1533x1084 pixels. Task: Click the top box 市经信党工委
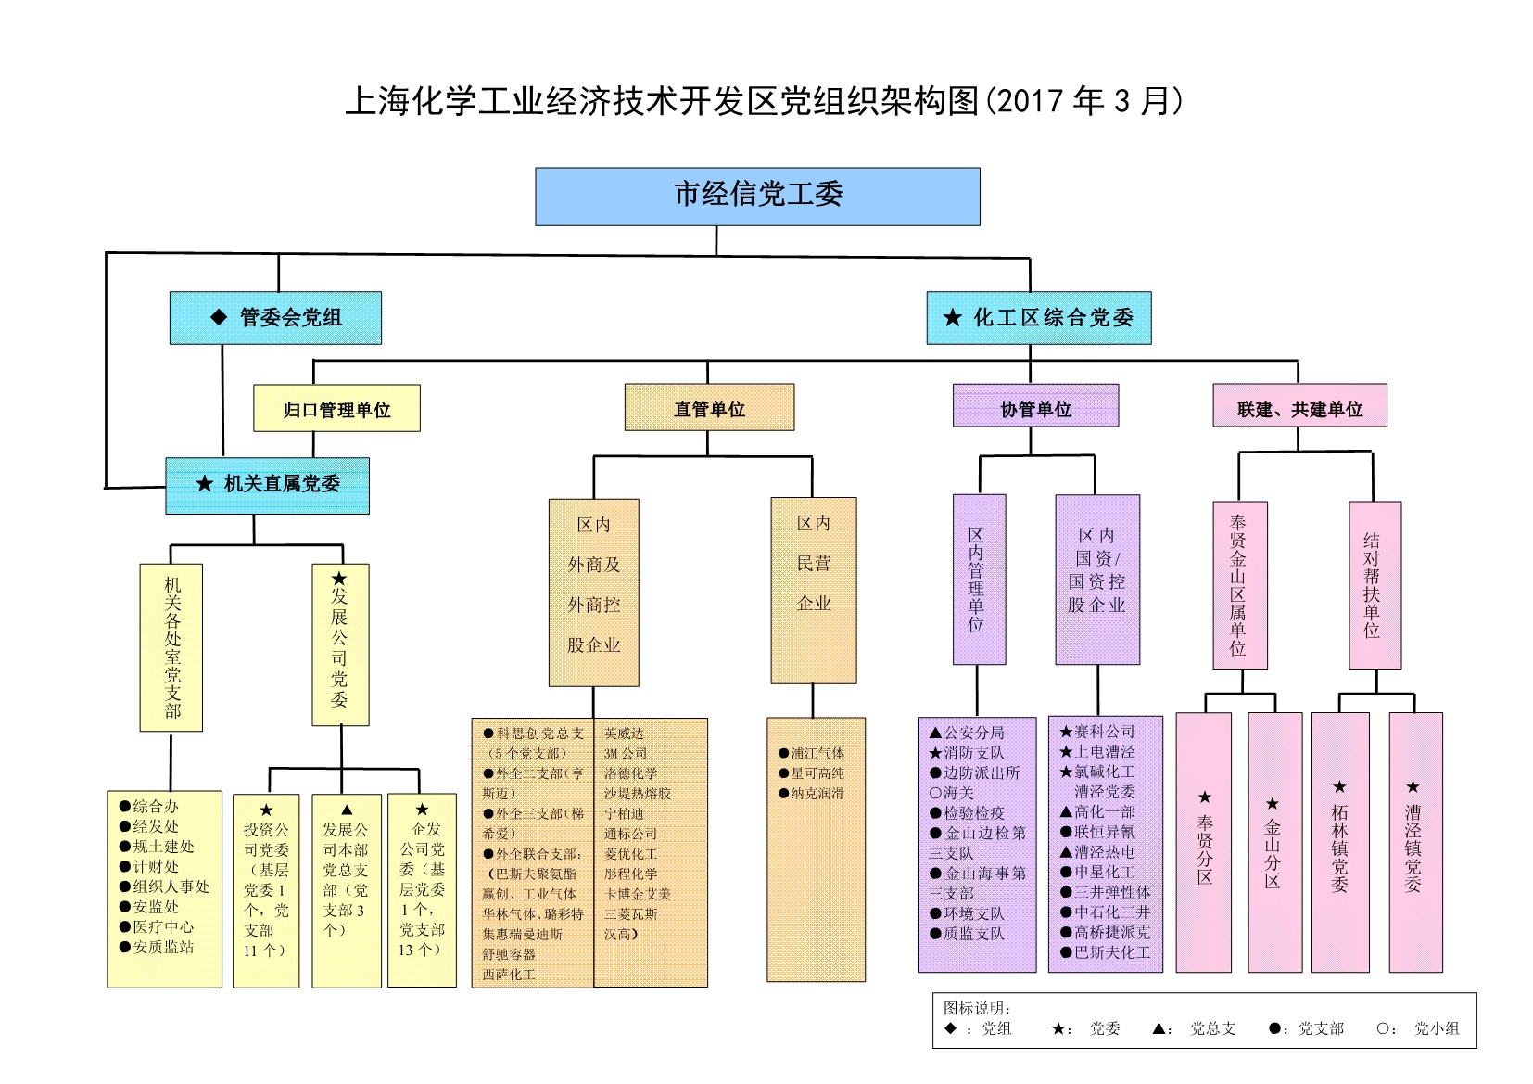pyautogui.click(x=757, y=197)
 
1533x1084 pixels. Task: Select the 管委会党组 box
pyautogui.click(x=275, y=318)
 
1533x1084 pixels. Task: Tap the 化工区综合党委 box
pyautogui.click(x=1038, y=318)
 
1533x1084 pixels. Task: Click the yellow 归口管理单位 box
pyautogui.click(x=336, y=409)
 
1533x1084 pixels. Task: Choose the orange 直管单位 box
pyautogui.click(x=709, y=408)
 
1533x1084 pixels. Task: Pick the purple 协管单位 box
pyautogui.click(x=1035, y=408)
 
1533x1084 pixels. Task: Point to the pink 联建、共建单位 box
pyautogui.click(x=1299, y=407)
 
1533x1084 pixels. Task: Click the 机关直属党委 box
pyautogui.click(x=268, y=485)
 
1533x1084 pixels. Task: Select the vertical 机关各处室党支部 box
pyautogui.click(x=171, y=647)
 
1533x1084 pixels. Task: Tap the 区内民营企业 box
pyautogui.click(x=814, y=590)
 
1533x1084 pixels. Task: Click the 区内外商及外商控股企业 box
pyautogui.click(x=593, y=593)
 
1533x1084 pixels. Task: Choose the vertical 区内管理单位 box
pyautogui.click(x=978, y=579)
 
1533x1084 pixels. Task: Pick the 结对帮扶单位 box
pyautogui.click(x=1374, y=585)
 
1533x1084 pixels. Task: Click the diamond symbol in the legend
pyautogui.click(x=950, y=1028)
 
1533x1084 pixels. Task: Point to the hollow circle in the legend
pyautogui.click(x=1383, y=1028)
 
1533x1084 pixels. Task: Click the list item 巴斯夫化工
pyautogui.click(x=1111, y=952)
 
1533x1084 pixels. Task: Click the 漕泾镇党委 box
pyautogui.click(x=1414, y=842)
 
